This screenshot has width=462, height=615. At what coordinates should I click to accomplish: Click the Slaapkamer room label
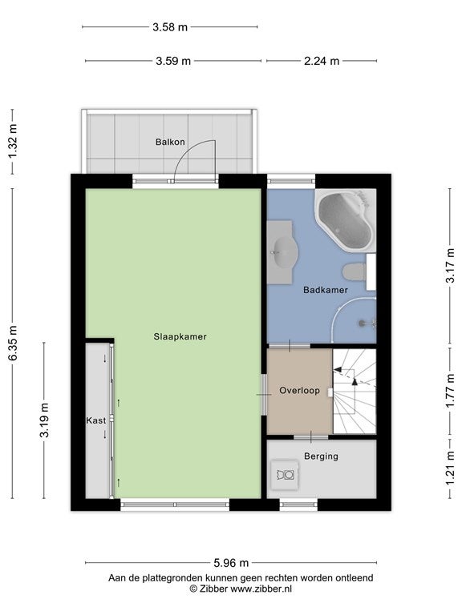pos(180,336)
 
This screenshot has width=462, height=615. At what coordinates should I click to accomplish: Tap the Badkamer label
pos(326,290)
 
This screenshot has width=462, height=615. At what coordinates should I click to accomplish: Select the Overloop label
pos(299,391)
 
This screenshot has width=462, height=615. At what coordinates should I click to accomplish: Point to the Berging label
pos(321,456)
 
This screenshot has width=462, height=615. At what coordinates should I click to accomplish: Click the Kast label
pos(96,420)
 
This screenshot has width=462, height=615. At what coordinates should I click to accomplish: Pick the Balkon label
pos(170,142)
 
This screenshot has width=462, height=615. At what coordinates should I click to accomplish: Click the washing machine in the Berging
pos(286,475)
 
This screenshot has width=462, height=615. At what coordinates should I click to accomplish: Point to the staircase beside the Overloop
pos(355,391)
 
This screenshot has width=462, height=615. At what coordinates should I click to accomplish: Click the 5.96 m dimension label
pos(231,563)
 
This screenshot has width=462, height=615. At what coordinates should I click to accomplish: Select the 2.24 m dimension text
pos(322,61)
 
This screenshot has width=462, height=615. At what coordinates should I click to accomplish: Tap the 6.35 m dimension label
pos(13,343)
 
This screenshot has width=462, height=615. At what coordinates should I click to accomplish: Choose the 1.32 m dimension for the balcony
pos(13,142)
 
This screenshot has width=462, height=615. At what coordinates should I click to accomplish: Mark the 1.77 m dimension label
pos(450,391)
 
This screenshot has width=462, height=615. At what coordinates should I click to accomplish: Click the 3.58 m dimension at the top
pos(170,27)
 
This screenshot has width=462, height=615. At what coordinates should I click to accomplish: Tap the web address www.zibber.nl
pos(261,589)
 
